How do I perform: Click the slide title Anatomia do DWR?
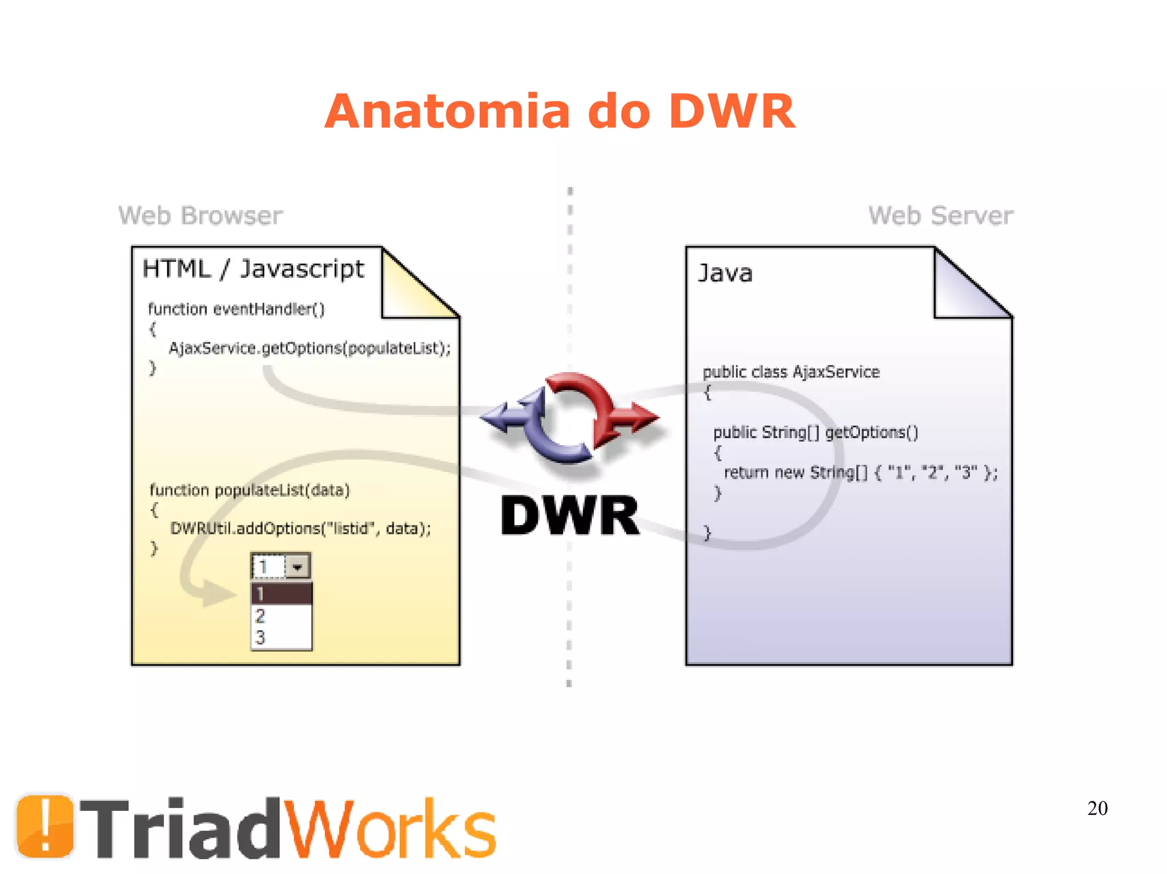pyautogui.click(x=560, y=112)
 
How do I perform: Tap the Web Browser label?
pyautogui.click(x=201, y=216)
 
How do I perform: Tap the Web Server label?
pyautogui.click(x=940, y=216)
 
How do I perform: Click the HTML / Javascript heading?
pyautogui.click(x=253, y=269)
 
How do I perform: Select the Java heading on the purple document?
pyautogui.click(x=725, y=273)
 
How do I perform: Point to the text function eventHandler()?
pyautogui.click(x=236, y=309)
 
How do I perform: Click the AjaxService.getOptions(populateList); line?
pyautogui.click(x=309, y=348)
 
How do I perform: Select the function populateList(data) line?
pyautogui.click(x=250, y=490)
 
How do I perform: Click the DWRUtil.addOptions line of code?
pyautogui.click(x=300, y=528)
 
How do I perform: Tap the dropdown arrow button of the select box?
pyautogui.click(x=297, y=567)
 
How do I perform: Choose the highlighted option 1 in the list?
pyautogui.click(x=281, y=594)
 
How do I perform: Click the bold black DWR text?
pyautogui.click(x=570, y=516)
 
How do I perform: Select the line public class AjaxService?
pyautogui.click(x=791, y=372)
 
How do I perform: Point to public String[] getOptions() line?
pyautogui.click(x=815, y=433)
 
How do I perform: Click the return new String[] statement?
pyautogui.click(x=860, y=473)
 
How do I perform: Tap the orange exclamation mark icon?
pyautogui.click(x=45, y=826)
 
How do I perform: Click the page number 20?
pyautogui.click(x=1097, y=808)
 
